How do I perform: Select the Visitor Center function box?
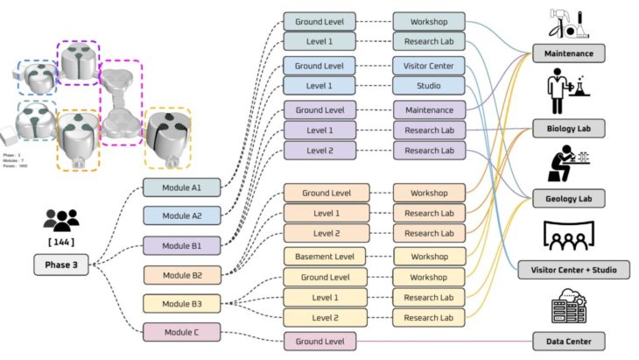coord(429,65)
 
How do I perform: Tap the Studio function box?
coord(429,85)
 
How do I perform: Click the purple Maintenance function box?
coord(429,110)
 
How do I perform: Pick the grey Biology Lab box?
coord(568,129)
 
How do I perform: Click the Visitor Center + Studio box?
coord(568,269)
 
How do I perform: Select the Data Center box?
coord(568,341)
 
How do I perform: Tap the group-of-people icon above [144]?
coord(61,219)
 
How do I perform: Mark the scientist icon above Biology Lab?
coord(565,95)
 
